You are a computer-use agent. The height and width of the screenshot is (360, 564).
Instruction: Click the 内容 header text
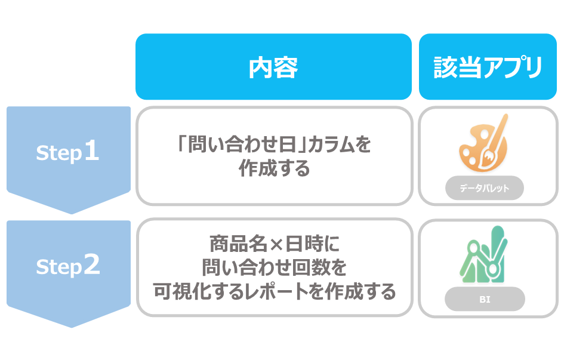coord(273,67)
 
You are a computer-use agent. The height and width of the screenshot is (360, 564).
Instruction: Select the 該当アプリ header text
coord(488,67)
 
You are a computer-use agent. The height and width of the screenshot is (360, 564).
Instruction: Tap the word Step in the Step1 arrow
coord(59,153)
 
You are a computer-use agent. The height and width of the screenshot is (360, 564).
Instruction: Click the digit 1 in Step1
coord(91,150)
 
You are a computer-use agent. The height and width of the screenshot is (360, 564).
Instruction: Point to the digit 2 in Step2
coord(92,264)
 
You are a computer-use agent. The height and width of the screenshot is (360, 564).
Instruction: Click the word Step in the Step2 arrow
coord(59,267)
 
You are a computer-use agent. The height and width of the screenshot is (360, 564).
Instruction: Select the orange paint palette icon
coord(483,143)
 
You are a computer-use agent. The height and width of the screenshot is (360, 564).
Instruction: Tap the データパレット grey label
coord(485,187)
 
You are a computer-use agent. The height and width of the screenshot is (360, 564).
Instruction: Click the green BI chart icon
coord(483,254)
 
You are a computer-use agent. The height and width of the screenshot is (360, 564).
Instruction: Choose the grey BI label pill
coord(485,299)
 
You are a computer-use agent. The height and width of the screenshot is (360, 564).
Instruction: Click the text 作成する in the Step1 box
coord(274,168)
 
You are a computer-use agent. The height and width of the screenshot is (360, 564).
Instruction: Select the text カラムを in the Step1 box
coord(340,144)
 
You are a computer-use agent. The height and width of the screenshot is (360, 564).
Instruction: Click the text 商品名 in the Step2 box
coord(238,244)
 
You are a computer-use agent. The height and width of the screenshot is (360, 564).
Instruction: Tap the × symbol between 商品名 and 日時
coord(276,244)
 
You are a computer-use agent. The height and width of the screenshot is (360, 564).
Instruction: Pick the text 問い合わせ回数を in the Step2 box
coord(274,267)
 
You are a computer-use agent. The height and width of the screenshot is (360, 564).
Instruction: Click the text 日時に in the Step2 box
coord(312,244)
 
